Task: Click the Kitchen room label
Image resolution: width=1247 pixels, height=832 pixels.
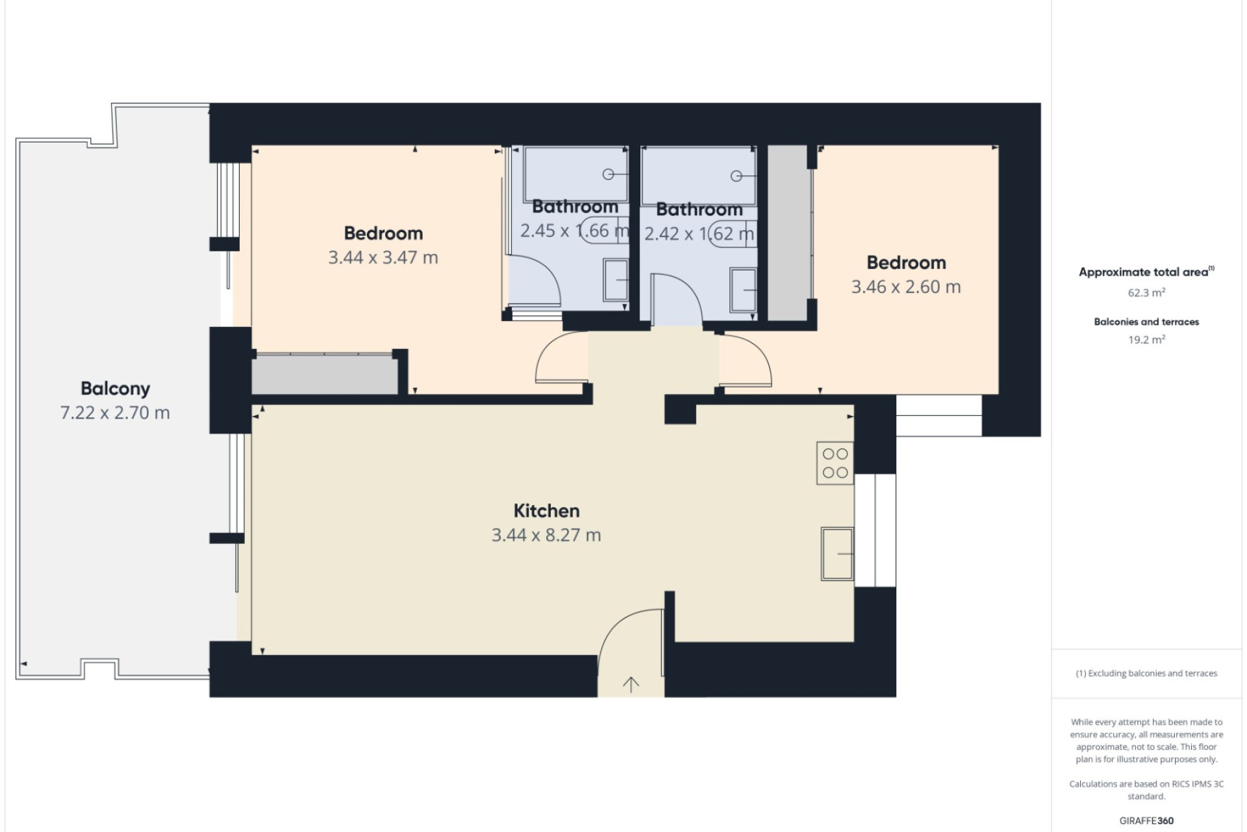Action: click(546, 511)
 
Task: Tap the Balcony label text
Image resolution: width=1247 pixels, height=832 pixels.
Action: click(115, 389)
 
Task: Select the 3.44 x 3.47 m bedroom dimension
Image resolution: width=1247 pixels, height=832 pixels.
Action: click(383, 257)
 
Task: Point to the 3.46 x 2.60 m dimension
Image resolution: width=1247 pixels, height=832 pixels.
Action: click(906, 287)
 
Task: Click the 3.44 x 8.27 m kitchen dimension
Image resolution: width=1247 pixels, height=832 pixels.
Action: click(546, 535)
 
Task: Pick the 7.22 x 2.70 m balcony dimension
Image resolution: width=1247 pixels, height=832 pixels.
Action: click(115, 413)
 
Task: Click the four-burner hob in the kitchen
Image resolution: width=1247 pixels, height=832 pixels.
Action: click(835, 463)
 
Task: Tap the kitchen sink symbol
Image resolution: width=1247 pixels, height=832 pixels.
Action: click(837, 553)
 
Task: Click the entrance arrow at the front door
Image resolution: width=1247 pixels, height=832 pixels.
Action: click(631, 683)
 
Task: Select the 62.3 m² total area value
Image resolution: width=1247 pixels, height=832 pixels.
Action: click(1146, 292)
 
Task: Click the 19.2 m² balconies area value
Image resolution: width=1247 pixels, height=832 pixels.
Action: click(1146, 339)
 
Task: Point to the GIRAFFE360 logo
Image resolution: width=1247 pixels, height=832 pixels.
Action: click(1146, 820)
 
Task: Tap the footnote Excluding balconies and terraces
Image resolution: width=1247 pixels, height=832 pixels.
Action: click(1146, 673)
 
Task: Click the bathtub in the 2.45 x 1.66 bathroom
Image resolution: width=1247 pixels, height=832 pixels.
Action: click(575, 174)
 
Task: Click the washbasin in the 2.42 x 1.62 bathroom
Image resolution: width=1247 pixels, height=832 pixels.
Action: click(743, 290)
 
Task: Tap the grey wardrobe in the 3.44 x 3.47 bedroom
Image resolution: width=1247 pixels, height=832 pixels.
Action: click(325, 374)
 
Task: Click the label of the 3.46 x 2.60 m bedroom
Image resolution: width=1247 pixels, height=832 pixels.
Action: click(906, 263)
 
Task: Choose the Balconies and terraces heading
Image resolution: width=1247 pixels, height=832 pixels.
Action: click(1146, 322)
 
